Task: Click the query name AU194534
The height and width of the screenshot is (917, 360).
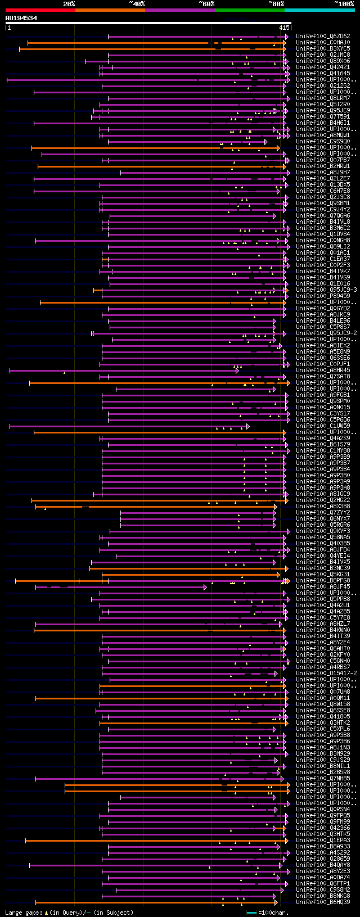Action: pos(21,19)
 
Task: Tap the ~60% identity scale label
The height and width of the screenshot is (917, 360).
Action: pos(206,4)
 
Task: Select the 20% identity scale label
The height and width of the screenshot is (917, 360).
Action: pos(69,4)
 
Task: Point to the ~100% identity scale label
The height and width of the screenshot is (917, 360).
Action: pos(344,4)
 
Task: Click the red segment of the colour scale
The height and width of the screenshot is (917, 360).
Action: pos(40,10)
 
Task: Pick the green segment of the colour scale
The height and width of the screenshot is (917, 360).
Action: pos(249,10)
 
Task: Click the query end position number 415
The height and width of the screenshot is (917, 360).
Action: pos(284,28)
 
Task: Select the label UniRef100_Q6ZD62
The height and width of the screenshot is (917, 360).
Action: pos(323,37)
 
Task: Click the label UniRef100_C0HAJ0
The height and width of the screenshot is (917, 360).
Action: pos(323,43)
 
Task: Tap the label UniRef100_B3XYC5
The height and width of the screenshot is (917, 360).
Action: pos(323,49)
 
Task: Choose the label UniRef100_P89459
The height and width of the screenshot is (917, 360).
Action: pos(323,296)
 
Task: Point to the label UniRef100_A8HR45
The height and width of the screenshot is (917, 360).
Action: pos(323,371)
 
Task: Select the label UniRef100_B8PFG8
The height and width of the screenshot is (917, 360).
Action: pos(323,581)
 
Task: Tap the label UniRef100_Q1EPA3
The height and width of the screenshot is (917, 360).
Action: pos(323,841)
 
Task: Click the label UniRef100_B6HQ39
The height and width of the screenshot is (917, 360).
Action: pos(323,902)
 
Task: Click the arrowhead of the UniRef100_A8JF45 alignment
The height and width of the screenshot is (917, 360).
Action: pos(205,587)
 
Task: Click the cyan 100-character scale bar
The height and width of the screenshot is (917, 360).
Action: pos(251,913)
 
